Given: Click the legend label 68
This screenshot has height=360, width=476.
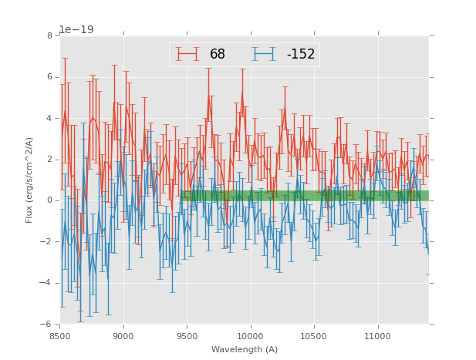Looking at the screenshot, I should [218, 55].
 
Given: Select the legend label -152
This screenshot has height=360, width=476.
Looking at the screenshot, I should [301, 55].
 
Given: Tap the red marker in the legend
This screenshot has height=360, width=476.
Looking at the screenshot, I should [187, 54].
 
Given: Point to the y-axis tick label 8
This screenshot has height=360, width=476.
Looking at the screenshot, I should [49, 35].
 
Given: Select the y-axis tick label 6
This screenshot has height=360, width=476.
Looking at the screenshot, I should [49, 77].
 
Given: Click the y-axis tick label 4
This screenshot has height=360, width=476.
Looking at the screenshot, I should [49, 118].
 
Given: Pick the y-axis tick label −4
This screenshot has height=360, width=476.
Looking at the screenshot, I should [47, 283].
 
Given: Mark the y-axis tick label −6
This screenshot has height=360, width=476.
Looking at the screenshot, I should [47, 324].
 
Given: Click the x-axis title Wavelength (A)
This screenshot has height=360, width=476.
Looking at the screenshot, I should [245, 349].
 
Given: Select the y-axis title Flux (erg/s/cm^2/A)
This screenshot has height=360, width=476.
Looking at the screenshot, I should [29, 180].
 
